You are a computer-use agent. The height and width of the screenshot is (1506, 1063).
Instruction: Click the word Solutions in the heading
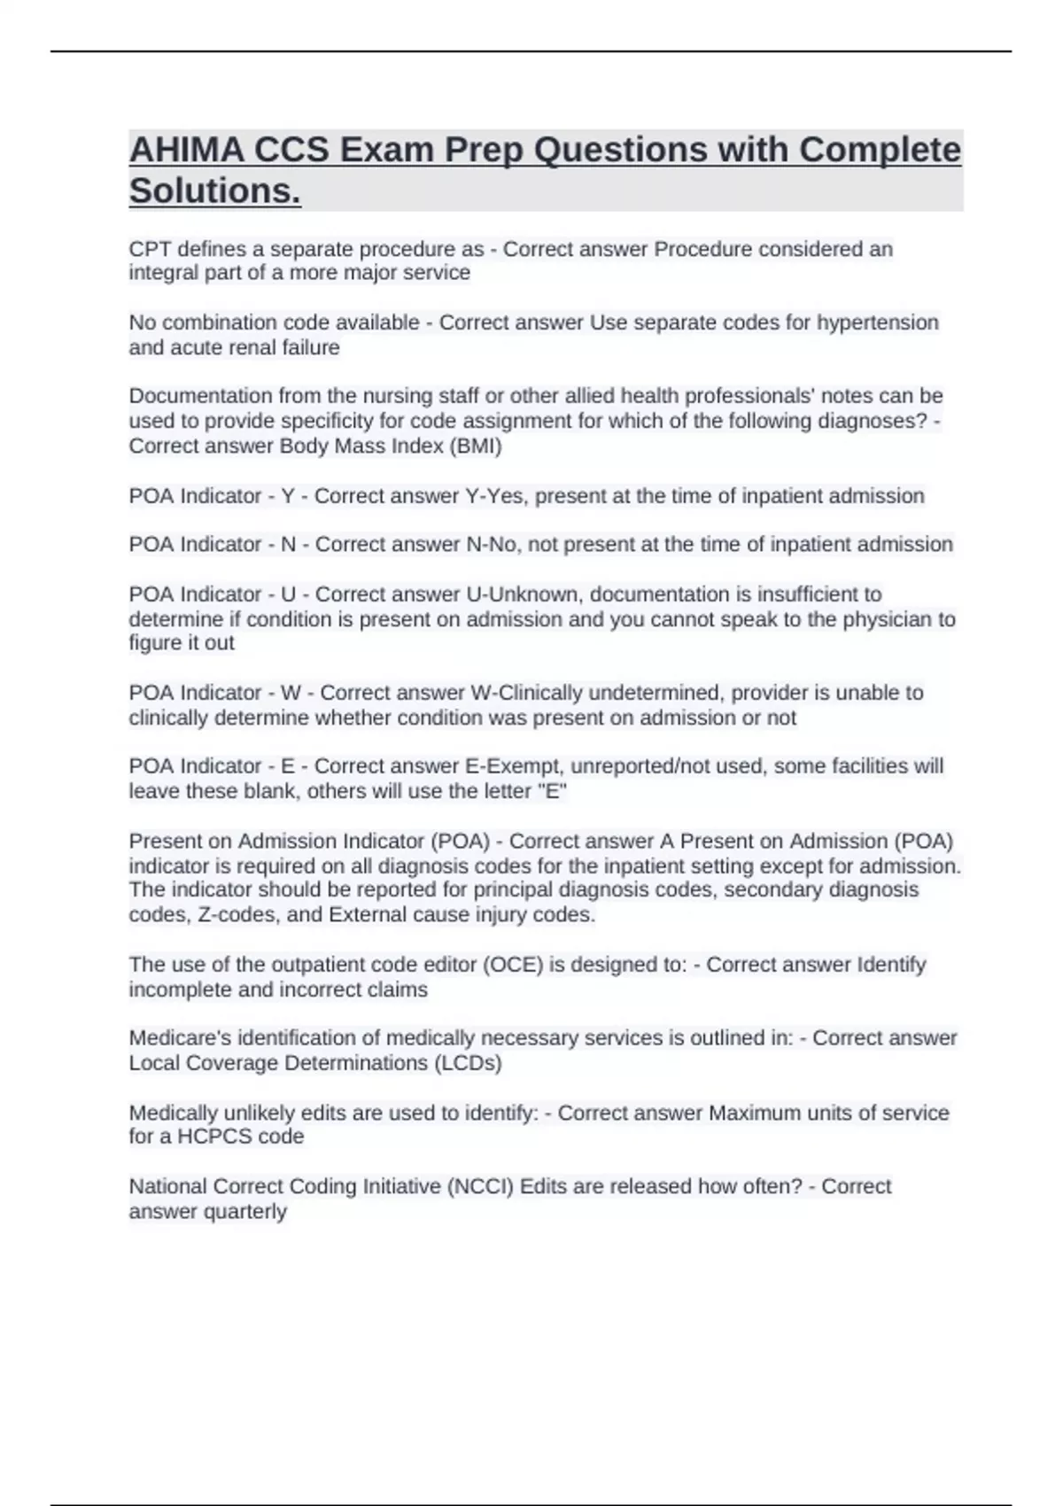tap(214, 190)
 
